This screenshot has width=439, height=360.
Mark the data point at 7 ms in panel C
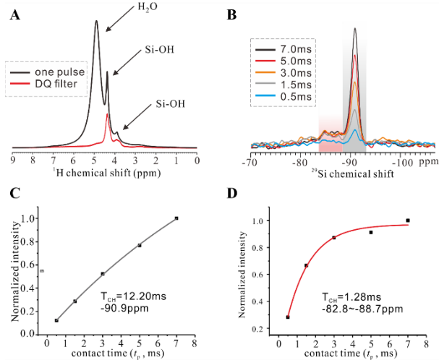[176, 218]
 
